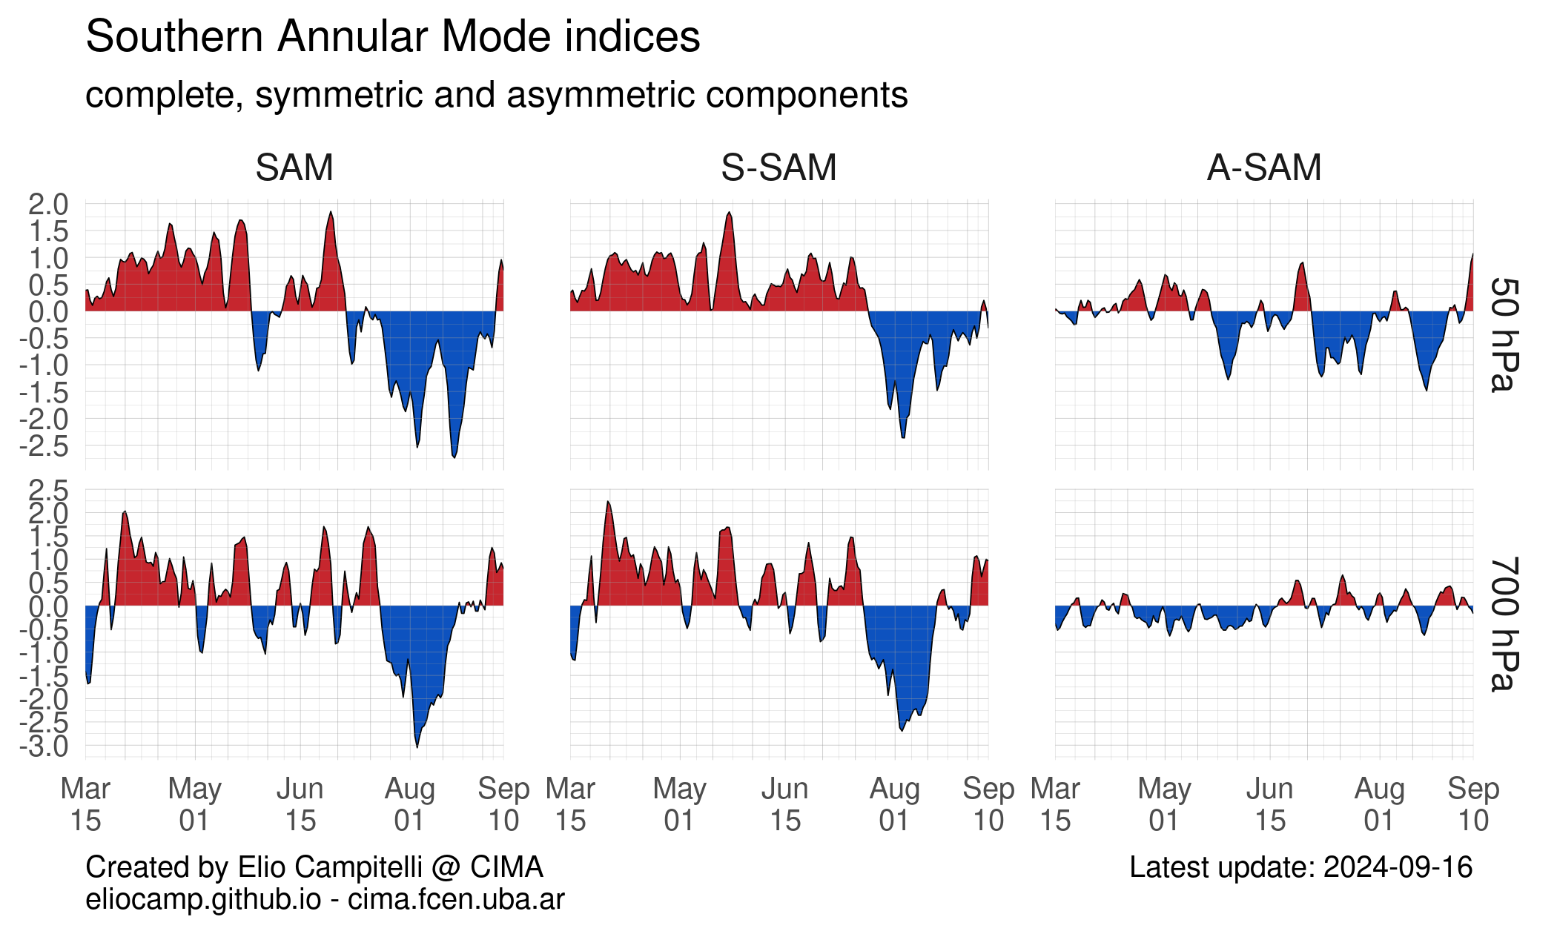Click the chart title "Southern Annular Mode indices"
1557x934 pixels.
[x=393, y=37]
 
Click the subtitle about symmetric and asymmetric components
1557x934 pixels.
[x=496, y=95]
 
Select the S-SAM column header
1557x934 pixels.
[x=778, y=168]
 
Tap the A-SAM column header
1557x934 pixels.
[x=1263, y=168]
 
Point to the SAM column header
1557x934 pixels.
[x=294, y=168]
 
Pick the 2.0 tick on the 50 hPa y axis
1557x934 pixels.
[x=48, y=204]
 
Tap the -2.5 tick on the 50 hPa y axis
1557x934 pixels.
[x=44, y=446]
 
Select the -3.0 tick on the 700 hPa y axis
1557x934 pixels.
[x=44, y=746]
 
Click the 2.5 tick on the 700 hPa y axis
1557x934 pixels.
[x=48, y=491]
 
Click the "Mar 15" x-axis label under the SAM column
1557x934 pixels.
[x=85, y=804]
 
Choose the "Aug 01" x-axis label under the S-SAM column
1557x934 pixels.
[x=894, y=804]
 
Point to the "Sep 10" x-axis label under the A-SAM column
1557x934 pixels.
[x=1473, y=804]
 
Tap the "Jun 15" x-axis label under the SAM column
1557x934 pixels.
[x=300, y=804]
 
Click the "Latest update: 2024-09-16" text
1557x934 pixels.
[x=1300, y=867]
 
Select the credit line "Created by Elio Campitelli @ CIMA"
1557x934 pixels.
[x=314, y=867]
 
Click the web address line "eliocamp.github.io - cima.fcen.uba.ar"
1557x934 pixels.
[x=325, y=899]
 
